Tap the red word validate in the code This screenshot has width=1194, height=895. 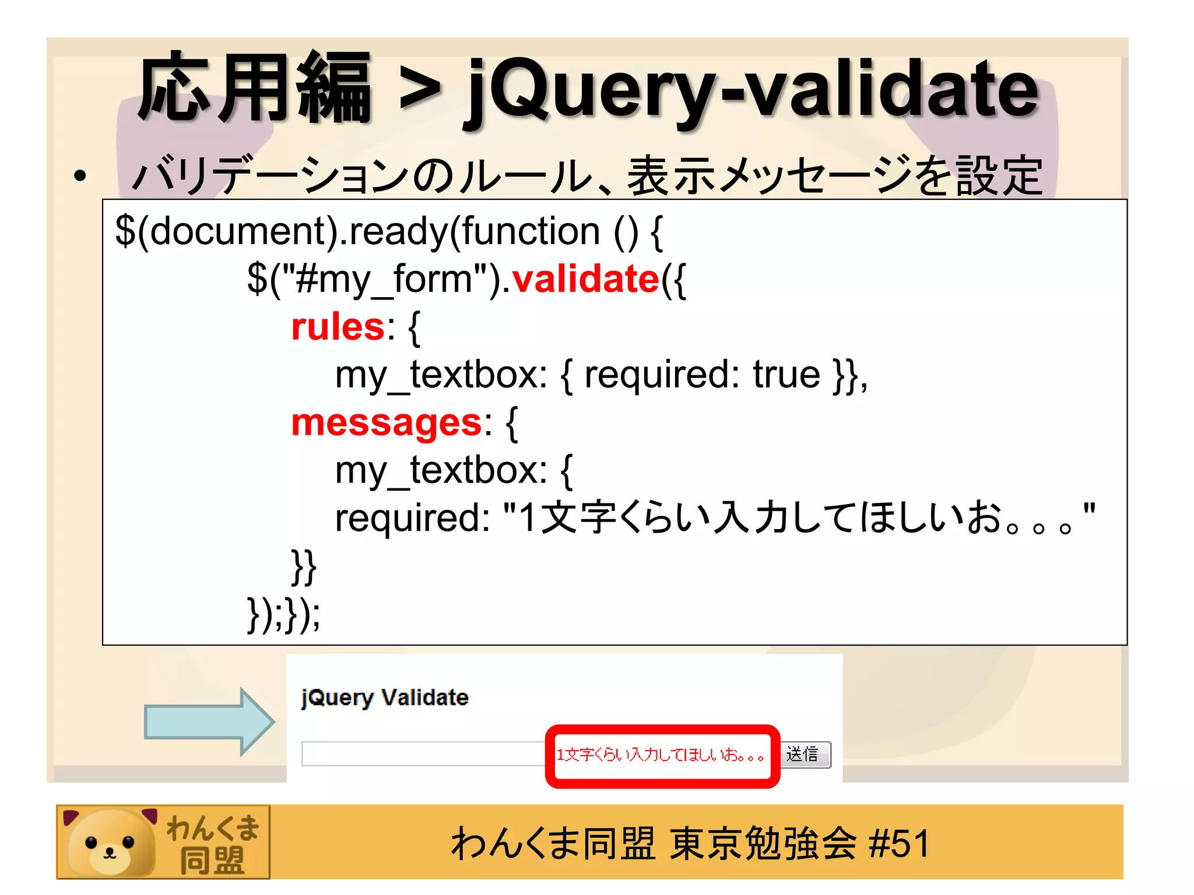(x=585, y=279)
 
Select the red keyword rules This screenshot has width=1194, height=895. (x=338, y=327)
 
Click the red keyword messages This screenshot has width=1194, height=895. (x=387, y=422)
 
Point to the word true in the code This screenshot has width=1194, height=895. (x=786, y=375)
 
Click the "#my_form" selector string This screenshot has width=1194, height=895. (x=384, y=280)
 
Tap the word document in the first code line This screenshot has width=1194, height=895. (x=240, y=231)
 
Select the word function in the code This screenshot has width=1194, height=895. (x=531, y=231)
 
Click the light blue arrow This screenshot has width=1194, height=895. (x=209, y=722)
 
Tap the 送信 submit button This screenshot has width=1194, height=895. (x=805, y=755)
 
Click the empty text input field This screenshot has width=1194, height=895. (x=423, y=754)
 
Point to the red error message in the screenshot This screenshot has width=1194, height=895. (x=660, y=755)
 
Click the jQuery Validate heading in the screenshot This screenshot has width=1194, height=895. (x=385, y=697)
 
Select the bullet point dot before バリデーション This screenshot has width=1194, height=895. (x=80, y=175)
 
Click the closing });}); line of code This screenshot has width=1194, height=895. (x=283, y=614)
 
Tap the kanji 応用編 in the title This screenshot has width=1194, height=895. (x=255, y=89)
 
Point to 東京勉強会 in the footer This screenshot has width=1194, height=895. (x=763, y=843)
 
